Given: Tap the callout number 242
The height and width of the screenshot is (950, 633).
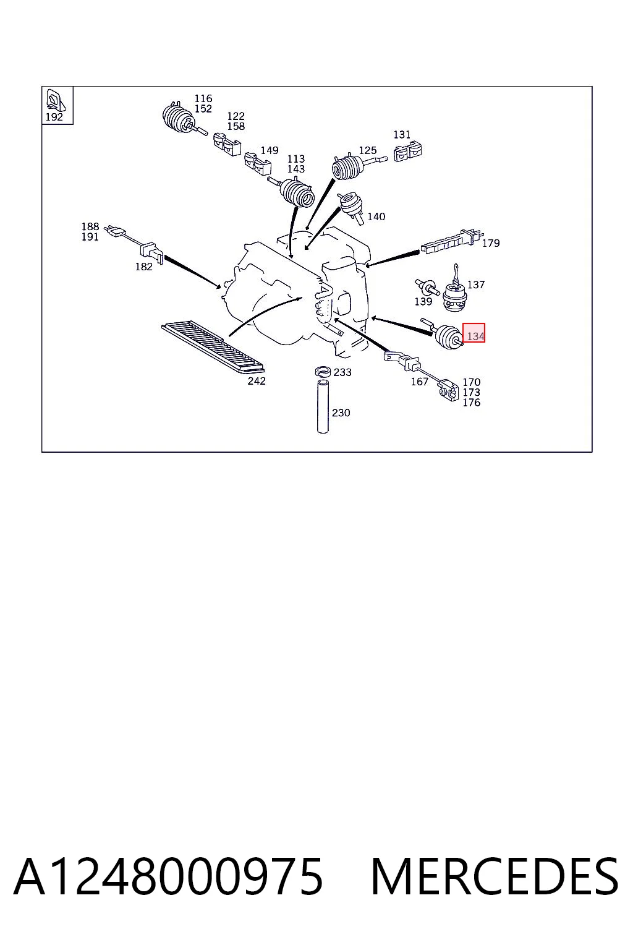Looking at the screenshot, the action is [257, 381].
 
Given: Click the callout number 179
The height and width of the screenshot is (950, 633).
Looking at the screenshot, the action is [491, 243].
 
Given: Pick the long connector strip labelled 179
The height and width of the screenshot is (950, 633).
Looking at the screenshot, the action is [451, 241].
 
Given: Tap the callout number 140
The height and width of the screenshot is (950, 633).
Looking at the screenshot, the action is [376, 216].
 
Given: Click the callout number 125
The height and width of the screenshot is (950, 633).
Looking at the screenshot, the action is [368, 150].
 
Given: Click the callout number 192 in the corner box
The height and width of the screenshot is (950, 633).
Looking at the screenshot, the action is [54, 117].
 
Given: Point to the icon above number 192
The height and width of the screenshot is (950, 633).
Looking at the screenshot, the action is [55, 100].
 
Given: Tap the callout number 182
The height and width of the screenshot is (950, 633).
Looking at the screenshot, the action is [144, 267].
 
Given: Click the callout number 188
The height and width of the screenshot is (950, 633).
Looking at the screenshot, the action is [90, 226].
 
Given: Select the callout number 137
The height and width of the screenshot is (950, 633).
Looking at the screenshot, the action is [476, 285].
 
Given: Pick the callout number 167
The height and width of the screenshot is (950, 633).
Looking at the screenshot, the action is [420, 382].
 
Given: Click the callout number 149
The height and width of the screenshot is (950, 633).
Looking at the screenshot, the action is [270, 150].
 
